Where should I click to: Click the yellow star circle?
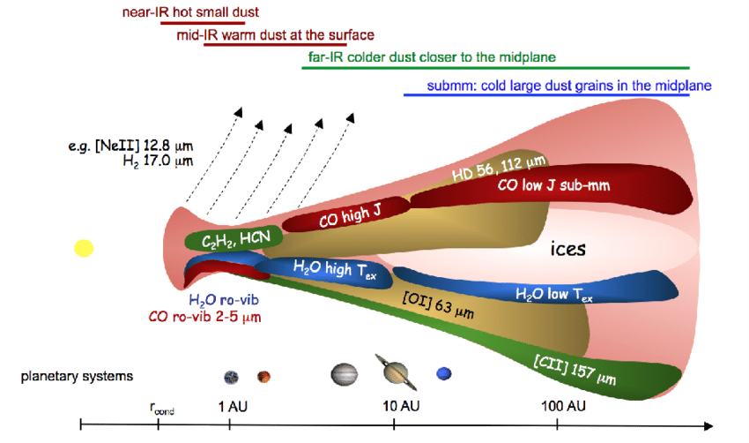click(83, 248)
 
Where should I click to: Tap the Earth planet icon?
click(231, 377)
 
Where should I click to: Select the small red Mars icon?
click(263, 377)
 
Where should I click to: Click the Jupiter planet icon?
click(345, 375)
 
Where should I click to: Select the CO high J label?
click(349, 214)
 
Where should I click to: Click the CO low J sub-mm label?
click(554, 185)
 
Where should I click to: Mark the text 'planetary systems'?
click(78, 376)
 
